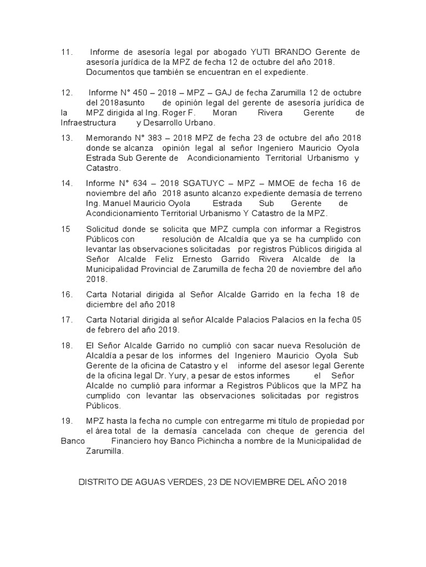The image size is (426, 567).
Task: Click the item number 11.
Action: tap(66, 53)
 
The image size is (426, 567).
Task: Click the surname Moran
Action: tap(222, 113)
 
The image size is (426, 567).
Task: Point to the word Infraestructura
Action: tap(88, 122)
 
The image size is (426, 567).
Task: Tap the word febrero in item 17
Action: tap(109, 330)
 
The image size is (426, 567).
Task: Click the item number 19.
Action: tap(66, 421)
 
